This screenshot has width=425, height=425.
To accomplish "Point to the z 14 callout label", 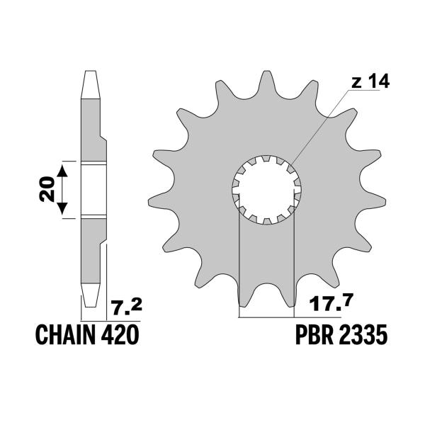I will [x=370, y=83].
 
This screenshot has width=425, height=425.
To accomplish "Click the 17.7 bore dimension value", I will [x=327, y=307].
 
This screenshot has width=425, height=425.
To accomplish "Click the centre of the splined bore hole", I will [x=268, y=189].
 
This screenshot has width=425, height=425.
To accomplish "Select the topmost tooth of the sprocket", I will [x=268, y=81].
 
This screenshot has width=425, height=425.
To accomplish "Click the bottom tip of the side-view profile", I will [x=90, y=306].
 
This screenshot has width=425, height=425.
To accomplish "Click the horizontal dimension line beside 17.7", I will [x=267, y=316].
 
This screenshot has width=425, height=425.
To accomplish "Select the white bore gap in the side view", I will [x=90, y=189].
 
